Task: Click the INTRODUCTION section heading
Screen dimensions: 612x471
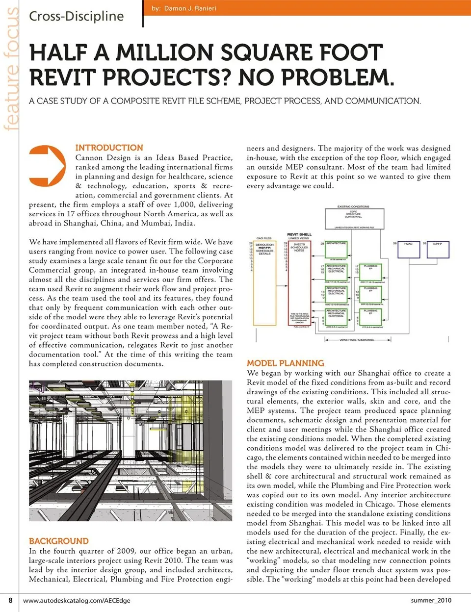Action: [x=109, y=148]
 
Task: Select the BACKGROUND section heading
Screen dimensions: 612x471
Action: [x=59, y=541]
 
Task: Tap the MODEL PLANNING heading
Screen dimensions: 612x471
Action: [x=285, y=363]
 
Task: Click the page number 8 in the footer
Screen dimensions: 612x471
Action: [x=10, y=600]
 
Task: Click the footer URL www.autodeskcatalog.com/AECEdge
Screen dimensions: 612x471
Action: [x=77, y=600]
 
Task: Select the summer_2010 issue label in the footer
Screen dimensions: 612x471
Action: [x=431, y=600]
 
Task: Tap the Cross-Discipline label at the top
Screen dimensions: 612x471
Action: [x=76, y=16]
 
